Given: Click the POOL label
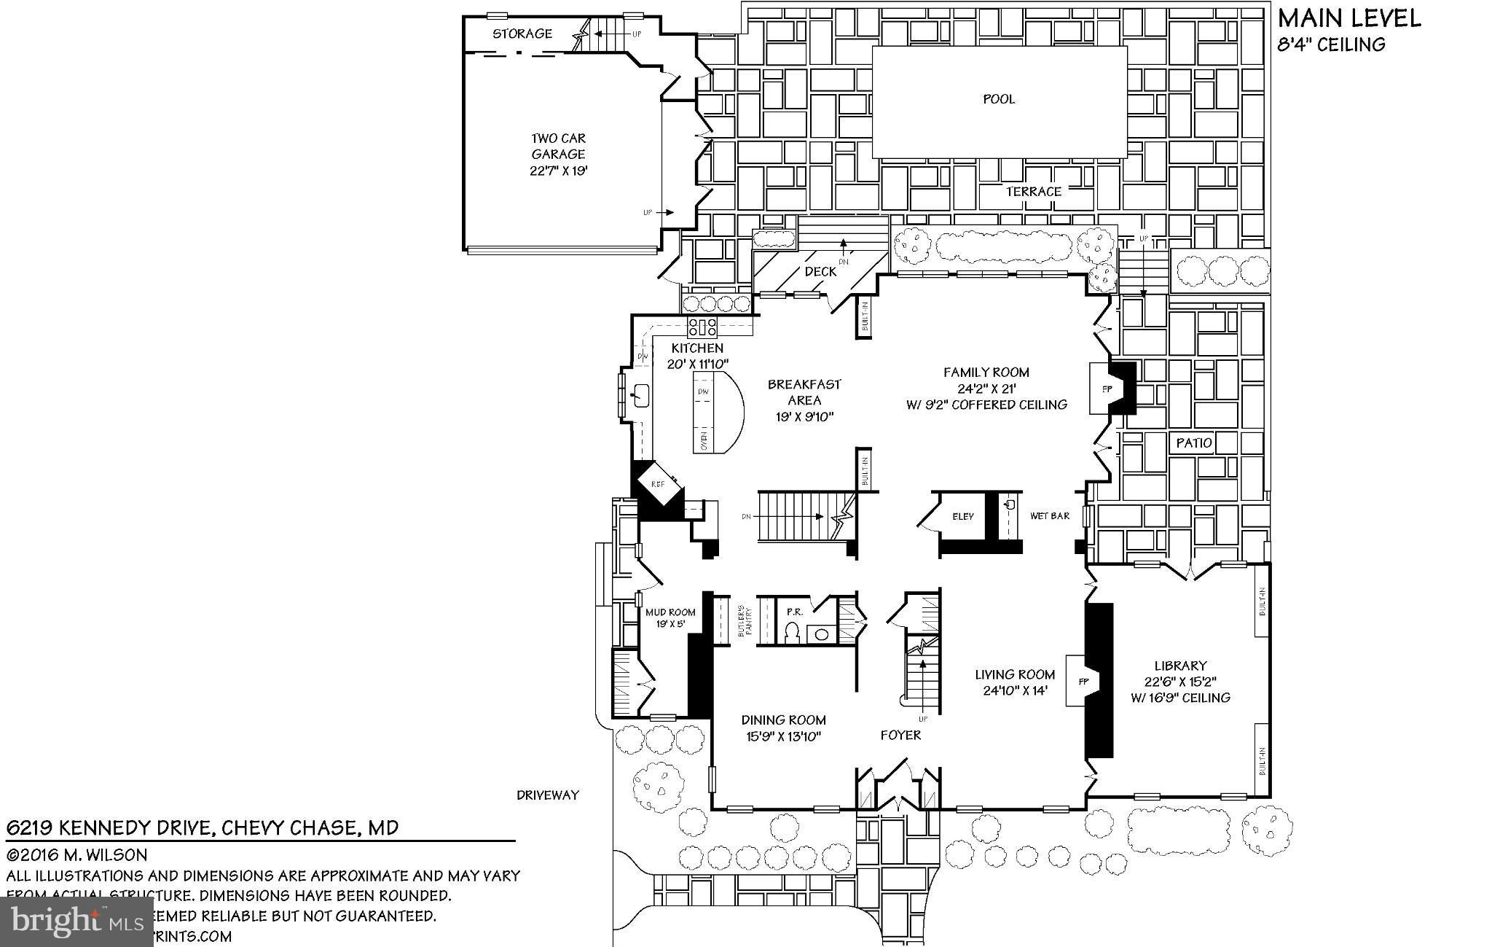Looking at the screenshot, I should click(998, 99).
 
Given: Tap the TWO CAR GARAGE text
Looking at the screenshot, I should click(558, 146).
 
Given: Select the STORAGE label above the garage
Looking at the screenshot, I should click(522, 34).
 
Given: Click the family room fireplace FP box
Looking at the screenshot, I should click(1107, 389).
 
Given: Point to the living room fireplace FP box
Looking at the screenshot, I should click(1083, 681).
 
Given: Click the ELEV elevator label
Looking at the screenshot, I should click(962, 516).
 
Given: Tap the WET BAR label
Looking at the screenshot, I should click(1049, 516).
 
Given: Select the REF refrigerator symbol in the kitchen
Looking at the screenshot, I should click(658, 483).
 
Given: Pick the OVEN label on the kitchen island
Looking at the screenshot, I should click(704, 440).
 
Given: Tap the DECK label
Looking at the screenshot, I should click(820, 271).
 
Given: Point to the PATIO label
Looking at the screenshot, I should click(1194, 443).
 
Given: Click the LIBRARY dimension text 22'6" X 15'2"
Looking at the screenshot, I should click(1180, 682).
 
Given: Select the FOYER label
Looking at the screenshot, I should click(900, 735).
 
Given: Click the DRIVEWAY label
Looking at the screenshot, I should click(548, 795).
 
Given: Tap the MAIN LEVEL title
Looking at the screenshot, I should click(1348, 19).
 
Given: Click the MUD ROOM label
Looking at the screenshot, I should click(670, 612).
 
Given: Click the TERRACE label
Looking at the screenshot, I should click(1033, 192).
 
